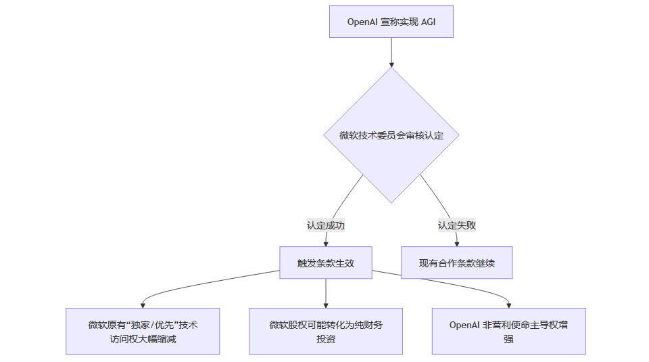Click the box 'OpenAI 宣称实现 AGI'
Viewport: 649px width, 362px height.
click(x=391, y=22)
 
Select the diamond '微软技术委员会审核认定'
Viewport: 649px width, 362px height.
click(x=391, y=135)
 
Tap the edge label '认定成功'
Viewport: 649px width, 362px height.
click(x=326, y=225)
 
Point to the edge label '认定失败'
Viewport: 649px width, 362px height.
click(x=457, y=225)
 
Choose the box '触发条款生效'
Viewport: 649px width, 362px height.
click(x=326, y=263)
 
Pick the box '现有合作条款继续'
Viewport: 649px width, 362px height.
click(x=457, y=263)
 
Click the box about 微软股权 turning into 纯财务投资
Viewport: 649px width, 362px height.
click(x=326, y=331)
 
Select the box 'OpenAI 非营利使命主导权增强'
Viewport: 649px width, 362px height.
click(x=508, y=331)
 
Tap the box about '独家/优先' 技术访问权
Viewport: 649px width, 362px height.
click(x=143, y=331)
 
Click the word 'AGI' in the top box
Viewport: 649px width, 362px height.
click(x=428, y=22)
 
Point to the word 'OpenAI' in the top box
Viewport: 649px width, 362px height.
click(x=362, y=22)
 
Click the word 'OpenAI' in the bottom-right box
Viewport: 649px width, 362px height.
click(x=464, y=325)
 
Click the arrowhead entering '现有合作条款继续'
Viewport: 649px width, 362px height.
click(x=457, y=243)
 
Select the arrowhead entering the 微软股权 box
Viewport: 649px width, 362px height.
click(x=326, y=304)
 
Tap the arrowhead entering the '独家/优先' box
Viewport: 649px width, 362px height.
click(x=143, y=304)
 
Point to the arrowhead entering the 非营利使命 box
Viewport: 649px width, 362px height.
click(x=508, y=304)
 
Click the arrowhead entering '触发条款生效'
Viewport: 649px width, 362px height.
click(x=326, y=243)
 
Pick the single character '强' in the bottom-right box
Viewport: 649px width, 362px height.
click(x=508, y=338)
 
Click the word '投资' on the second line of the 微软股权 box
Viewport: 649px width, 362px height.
click(x=326, y=338)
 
